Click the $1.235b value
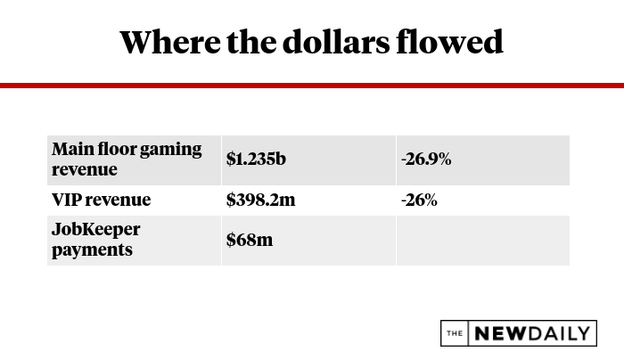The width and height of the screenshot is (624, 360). pyautogui.click(x=255, y=160)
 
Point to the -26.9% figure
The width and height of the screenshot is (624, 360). pyautogui.click(x=426, y=160)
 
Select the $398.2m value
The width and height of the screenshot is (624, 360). pyautogui.click(x=260, y=200)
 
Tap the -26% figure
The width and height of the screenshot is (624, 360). pyautogui.click(x=419, y=200)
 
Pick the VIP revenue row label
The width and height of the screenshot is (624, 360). pyautogui.click(x=101, y=200)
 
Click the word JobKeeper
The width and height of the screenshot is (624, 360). pyautogui.click(x=95, y=230)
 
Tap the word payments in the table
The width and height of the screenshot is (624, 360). pyautogui.click(x=91, y=250)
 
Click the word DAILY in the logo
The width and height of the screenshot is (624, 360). pyautogui.click(x=561, y=333)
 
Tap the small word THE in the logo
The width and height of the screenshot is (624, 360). pyautogui.click(x=456, y=333)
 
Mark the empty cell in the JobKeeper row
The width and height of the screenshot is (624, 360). pyautogui.click(x=482, y=240)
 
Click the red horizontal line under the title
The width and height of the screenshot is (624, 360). pyautogui.click(x=312, y=86)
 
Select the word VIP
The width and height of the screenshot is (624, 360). pyautogui.click(x=66, y=200)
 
